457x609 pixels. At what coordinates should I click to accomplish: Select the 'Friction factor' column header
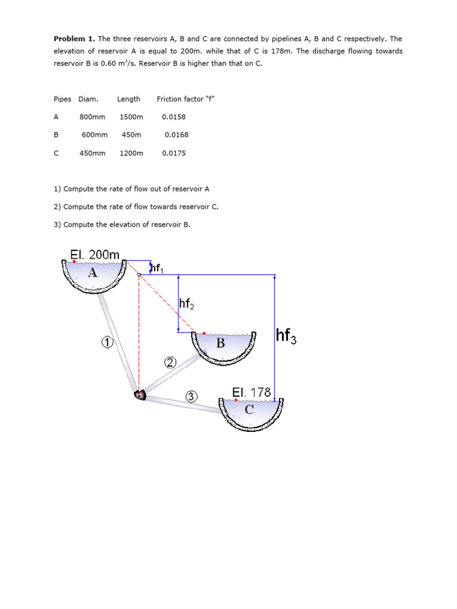[185, 99]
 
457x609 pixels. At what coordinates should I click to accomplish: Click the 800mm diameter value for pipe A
[92, 117]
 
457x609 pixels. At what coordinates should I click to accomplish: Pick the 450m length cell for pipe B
[131, 135]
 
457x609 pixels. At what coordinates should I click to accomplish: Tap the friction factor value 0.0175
[174, 153]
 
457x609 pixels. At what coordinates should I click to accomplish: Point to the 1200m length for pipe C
[132, 153]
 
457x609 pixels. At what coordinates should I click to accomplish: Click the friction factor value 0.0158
[174, 117]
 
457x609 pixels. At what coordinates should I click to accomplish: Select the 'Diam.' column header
[88, 99]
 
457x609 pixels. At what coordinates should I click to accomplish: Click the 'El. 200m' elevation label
[95, 255]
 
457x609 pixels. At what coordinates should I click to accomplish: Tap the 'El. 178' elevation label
[252, 393]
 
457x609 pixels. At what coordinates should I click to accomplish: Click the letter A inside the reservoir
[92, 273]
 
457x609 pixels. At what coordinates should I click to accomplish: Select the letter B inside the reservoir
[221, 343]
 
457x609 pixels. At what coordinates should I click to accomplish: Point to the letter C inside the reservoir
[249, 410]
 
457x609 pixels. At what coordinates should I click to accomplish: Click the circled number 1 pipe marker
[107, 342]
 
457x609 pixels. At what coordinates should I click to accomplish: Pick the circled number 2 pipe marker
[171, 363]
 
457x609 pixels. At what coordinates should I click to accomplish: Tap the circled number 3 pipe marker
[192, 397]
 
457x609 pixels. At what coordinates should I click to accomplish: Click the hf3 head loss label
[286, 337]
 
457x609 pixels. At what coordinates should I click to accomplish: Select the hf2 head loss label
[186, 304]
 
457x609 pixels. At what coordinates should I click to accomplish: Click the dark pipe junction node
[140, 394]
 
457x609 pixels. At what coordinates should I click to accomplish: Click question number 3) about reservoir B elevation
[122, 224]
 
